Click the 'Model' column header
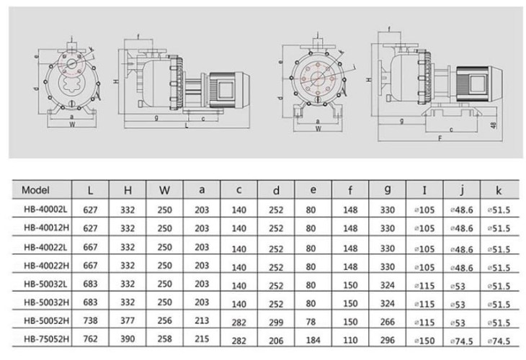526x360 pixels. [35, 191]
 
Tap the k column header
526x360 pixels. [498, 192]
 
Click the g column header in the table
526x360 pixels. [388, 192]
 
